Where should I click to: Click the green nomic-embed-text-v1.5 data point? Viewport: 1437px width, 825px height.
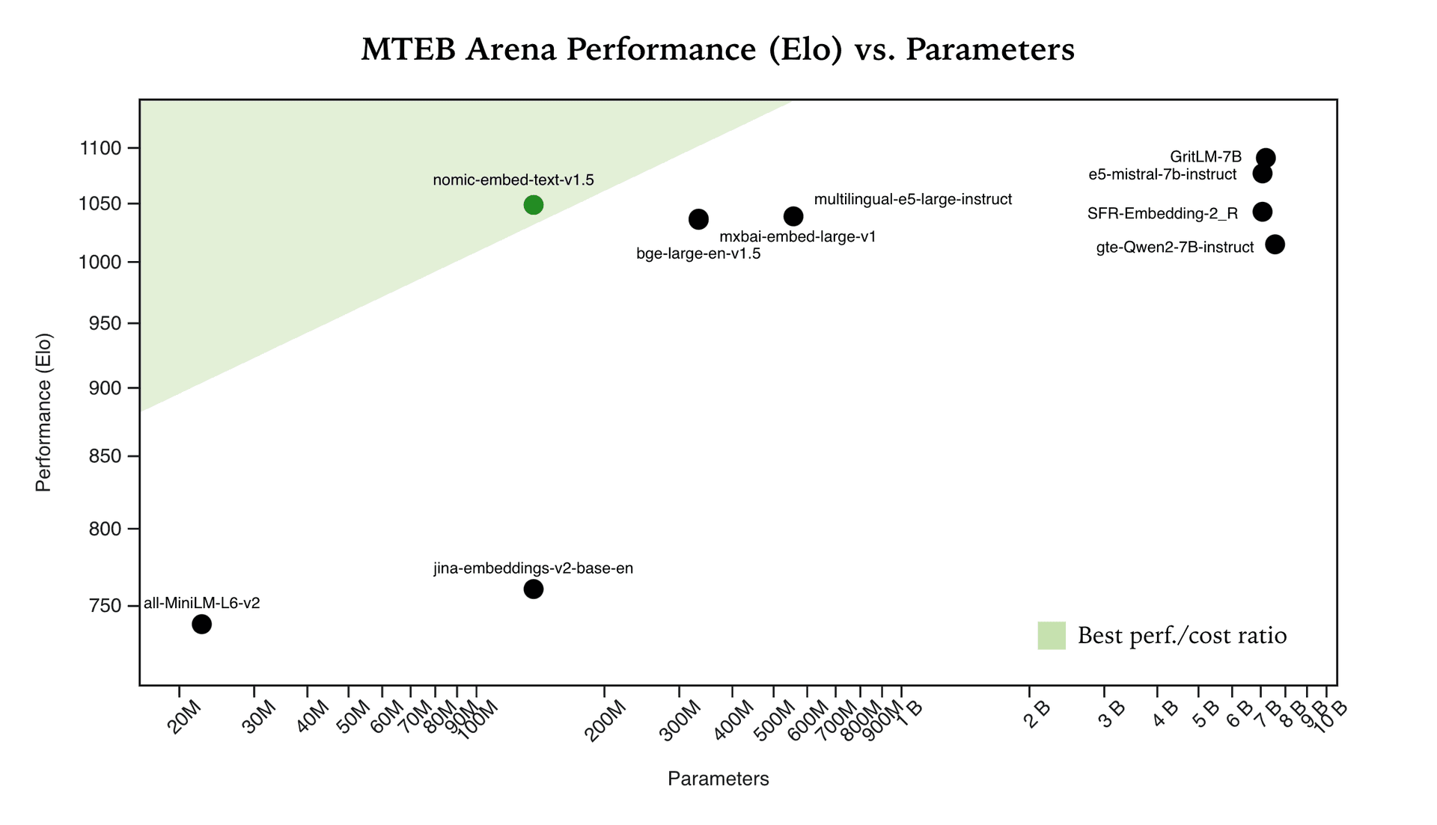[533, 205]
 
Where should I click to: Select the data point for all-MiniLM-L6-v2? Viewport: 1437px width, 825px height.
[201, 624]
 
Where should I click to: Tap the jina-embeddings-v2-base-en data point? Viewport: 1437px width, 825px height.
[533, 589]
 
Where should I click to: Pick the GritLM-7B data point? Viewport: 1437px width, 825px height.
[1266, 158]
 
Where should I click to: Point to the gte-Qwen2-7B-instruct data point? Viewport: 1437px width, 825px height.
[1275, 245]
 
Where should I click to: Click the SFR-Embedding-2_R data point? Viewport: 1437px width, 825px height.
[1263, 212]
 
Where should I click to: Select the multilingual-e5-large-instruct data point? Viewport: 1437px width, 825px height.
[793, 217]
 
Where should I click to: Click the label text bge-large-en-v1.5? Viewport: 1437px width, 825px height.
[698, 254]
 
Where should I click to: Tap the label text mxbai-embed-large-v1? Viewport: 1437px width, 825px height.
[797, 237]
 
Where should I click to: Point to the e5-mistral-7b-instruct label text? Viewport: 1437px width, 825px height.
[1162, 175]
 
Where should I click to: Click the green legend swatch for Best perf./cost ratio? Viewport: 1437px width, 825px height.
[1051, 636]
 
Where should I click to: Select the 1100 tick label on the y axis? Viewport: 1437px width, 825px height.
[100, 148]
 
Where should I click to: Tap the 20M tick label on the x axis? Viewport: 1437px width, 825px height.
[184, 717]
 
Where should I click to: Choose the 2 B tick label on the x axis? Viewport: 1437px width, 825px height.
[1036, 714]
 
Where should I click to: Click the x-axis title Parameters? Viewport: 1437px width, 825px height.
[718, 779]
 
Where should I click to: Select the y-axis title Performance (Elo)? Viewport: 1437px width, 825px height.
[43, 413]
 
